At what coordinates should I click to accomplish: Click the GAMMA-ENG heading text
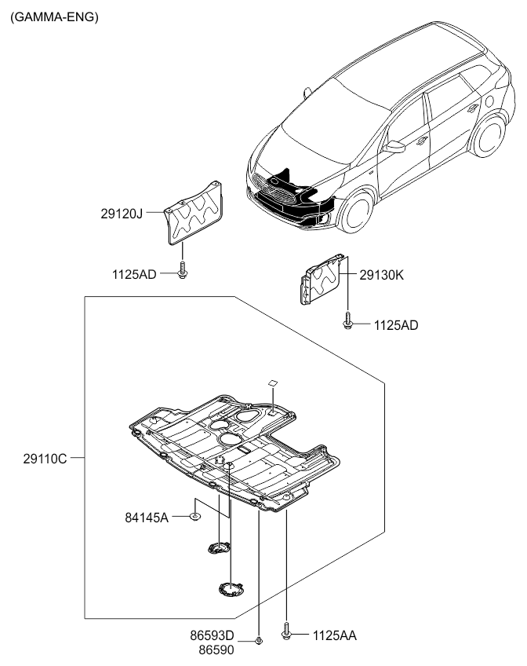pos(54,16)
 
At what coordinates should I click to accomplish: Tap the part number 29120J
pos(122,212)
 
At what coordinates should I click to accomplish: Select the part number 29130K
pos(381,275)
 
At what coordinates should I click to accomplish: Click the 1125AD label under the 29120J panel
pos(134,274)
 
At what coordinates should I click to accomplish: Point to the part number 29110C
pos(45,457)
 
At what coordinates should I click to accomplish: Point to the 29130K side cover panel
pos(320,281)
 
